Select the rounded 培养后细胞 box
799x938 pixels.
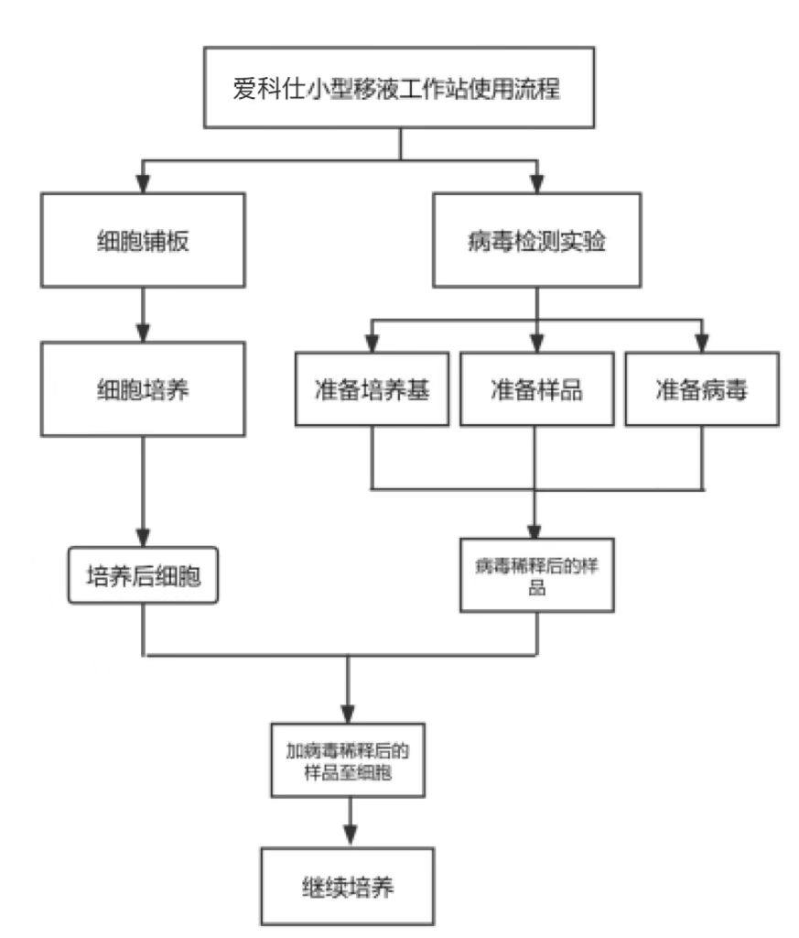click(x=145, y=576)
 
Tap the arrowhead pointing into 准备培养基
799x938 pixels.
click(x=372, y=344)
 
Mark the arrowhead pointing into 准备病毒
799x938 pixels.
click(x=701, y=344)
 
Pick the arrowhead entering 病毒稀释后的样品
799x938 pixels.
click(x=536, y=530)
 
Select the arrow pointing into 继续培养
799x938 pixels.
click(x=348, y=824)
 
